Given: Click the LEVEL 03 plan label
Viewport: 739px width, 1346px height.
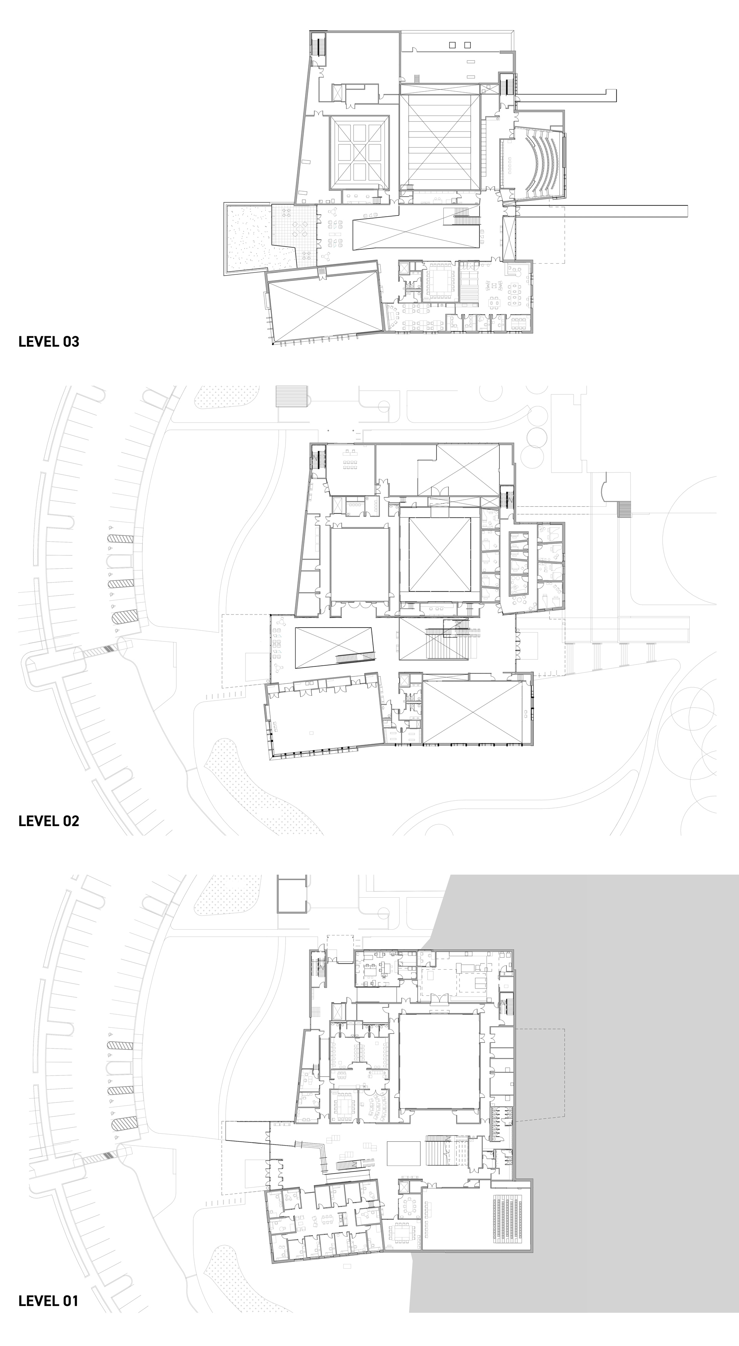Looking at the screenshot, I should (x=48, y=341).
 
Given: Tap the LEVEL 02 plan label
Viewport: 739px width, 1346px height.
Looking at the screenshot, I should (x=48, y=820).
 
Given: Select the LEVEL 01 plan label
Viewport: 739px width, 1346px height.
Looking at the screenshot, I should (x=48, y=1301).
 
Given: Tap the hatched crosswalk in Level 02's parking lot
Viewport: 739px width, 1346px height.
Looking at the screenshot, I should (x=99, y=651).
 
